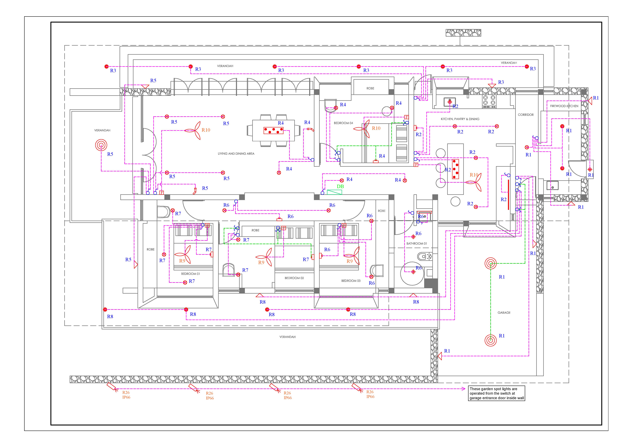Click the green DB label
coord(340,186)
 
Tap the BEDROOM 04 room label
coord(343,123)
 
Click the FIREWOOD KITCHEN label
coord(564,106)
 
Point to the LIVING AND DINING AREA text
coord(236,154)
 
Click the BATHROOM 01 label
coord(416,244)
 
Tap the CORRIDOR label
coord(525,115)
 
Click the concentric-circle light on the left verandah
coord(101,145)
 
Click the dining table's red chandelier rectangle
coord(273,131)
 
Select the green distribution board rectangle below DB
coord(334,192)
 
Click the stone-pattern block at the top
coord(463,33)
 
